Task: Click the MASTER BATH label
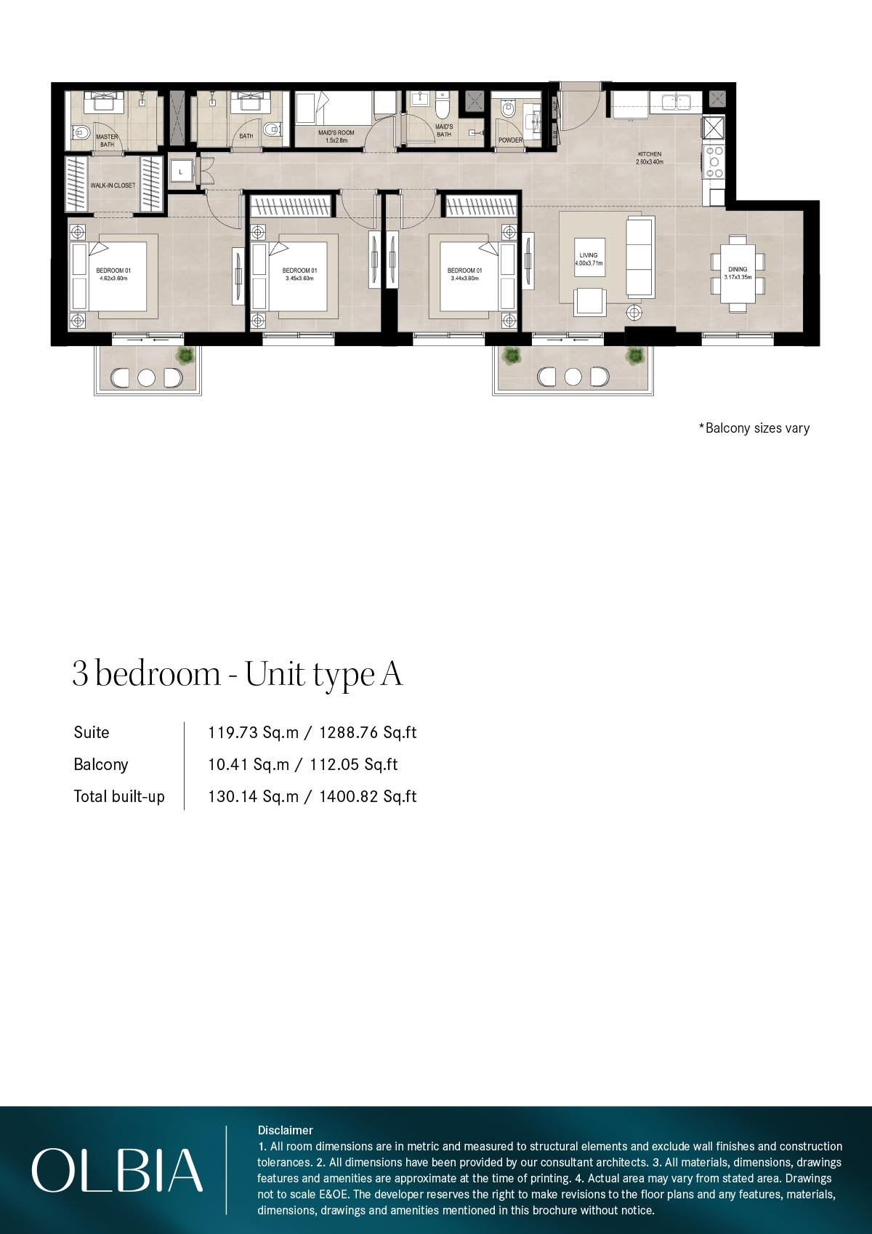click(107, 140)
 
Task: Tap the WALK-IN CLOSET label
click(113, 185)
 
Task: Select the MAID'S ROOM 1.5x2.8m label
click(336, 136)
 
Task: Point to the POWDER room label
click(510, 140)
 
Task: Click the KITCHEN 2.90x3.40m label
click(650, 158)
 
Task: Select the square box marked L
click(180, 172)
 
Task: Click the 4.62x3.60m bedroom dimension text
click(114, 279)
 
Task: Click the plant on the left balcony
click(186, 356)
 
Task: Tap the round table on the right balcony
click(573, 377)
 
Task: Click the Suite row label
click(92, 732)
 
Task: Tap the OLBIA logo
click(117, 1169)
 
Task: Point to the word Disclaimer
click(285, 1130)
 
